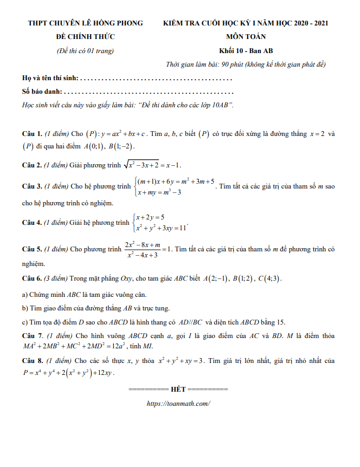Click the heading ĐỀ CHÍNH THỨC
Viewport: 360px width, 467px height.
85,37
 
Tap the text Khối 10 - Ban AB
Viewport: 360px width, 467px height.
246,51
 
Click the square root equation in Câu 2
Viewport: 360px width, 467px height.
152,165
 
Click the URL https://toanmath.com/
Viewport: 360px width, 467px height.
178,404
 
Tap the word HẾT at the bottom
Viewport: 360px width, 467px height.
178,389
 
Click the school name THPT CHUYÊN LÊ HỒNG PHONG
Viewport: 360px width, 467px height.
86,23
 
